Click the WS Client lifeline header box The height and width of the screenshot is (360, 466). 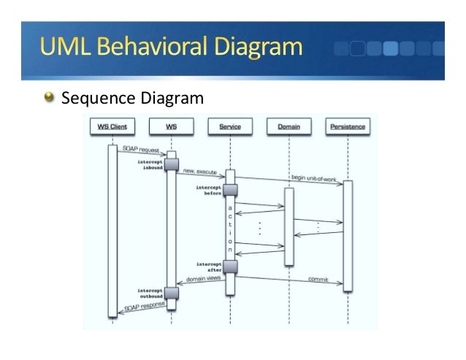(x=112, y=127)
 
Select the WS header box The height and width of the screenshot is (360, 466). (x=171, y=127)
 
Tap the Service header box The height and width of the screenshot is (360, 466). (x=230, y=127)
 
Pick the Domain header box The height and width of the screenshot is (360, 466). (x=289, y=127)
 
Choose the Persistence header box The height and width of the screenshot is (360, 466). (x=348, y=127)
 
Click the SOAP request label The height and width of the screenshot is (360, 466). (x=140, y=150)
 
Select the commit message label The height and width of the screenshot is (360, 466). (x=317, y=279)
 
